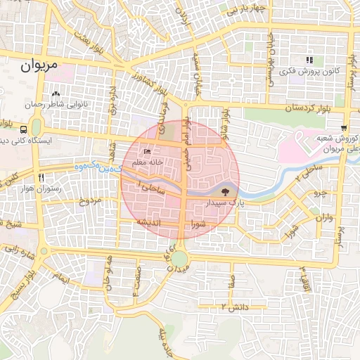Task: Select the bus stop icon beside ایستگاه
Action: [x=25, y=129]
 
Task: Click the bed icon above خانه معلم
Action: [x=148, y=152]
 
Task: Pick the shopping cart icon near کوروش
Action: [x=343, y=128]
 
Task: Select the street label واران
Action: [x=324, y=218]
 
